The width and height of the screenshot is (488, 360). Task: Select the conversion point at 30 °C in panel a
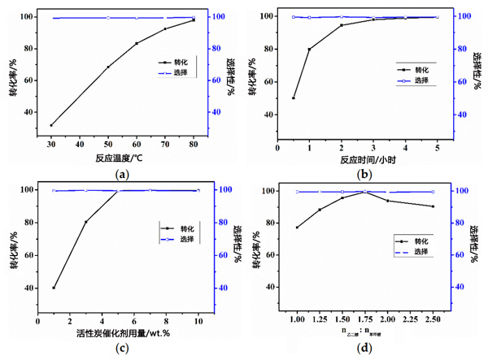(51, 125)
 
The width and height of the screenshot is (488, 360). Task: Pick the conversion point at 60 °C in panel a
(137, 43)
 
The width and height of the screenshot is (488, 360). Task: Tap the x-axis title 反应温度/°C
(121, 158)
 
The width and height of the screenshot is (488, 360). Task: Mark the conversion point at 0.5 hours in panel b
(294, 98)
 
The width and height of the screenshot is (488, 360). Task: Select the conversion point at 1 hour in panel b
(309, 49)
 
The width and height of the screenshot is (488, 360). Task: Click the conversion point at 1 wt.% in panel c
(54, 287)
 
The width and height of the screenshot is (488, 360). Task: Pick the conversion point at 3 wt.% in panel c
(85, 221)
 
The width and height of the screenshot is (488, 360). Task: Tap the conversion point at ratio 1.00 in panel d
(297, 227)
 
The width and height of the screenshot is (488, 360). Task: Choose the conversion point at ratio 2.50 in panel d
(433, 206)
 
